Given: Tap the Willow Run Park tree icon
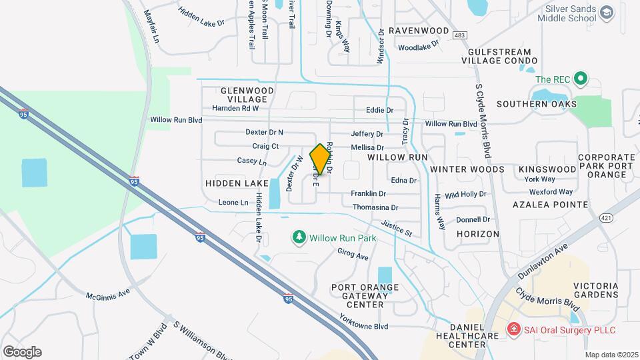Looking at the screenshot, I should (x=300, y=237).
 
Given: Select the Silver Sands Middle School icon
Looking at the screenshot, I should (x=606, y=13).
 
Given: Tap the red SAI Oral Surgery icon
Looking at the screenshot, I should (x=513, y=329).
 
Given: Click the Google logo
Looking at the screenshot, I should (x=22, y=351).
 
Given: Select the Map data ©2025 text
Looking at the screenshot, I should (x=611, y=355).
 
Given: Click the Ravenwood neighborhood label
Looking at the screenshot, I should (x=419, y=31).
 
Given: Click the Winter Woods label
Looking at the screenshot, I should (x=467, y=169).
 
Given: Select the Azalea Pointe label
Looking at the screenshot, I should (x=550, y=205).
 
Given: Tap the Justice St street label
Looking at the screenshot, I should (x=397, y=229).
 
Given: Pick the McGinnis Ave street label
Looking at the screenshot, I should (x=107, y=294).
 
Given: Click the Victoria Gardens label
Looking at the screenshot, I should (x=595, y=290).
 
